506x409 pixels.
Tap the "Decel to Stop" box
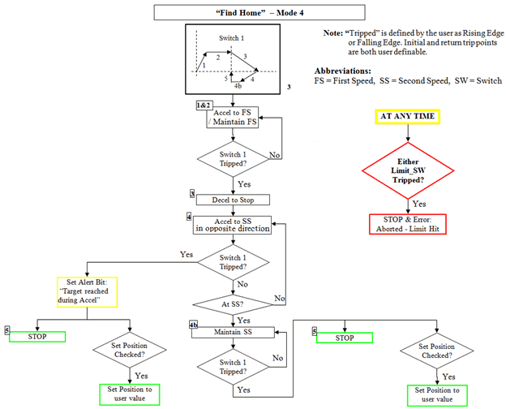(233, 200)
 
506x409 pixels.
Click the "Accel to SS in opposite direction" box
(233, 223)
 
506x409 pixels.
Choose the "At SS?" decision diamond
(233, 304)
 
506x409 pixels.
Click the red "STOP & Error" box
(410, 223)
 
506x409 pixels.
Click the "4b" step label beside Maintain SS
(194, 325)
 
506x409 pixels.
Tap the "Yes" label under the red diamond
(420, 204)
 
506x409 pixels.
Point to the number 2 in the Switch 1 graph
(218, 57)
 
